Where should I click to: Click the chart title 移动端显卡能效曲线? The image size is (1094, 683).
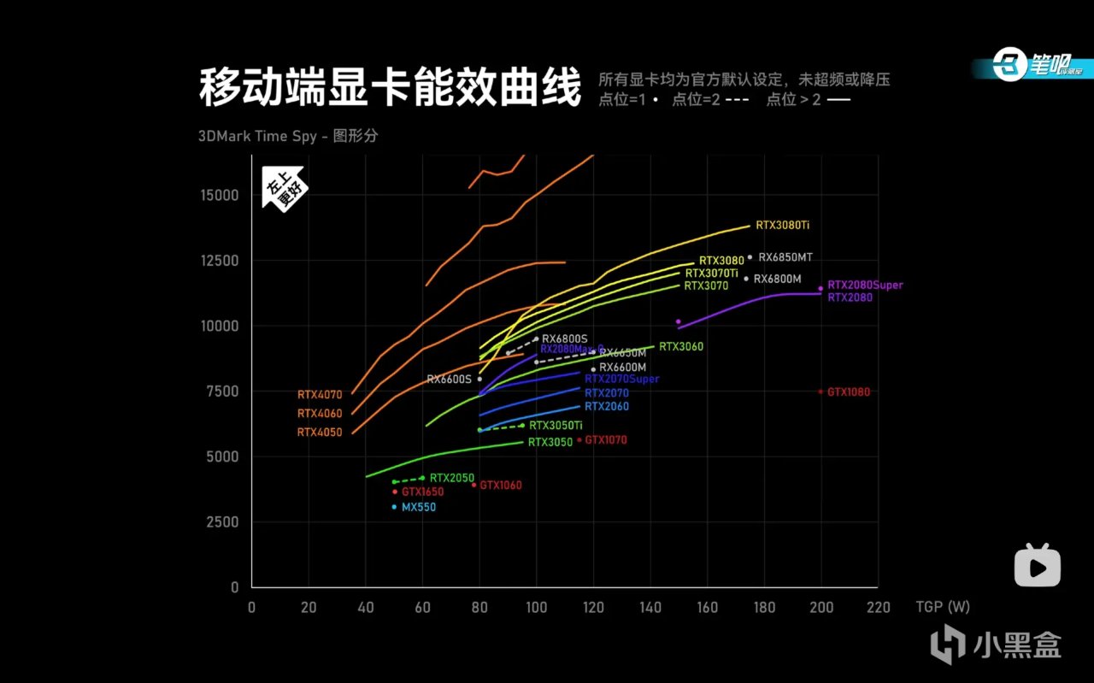[x=390, y=88]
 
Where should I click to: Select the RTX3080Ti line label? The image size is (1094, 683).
[x=782, y=226]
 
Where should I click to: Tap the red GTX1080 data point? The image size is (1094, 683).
[x=820, y=392]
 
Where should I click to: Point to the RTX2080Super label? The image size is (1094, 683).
[x=865, y=286]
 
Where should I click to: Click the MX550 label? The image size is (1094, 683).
[x=419, y=508]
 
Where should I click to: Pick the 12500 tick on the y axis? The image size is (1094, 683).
[x=221, y=261]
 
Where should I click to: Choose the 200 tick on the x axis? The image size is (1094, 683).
[x=820, y=608]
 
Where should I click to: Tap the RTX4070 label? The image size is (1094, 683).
[x=320, y=395]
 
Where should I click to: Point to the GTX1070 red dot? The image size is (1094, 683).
[x=579, y=440]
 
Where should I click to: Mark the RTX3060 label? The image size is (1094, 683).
[x=681, y=347]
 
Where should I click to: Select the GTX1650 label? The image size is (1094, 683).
[x=423, y=492]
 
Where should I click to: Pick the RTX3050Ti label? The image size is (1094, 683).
[x=556, y=426]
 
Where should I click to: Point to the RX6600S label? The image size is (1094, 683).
[x=449, y=380]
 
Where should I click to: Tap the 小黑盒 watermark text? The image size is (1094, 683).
[x=1025, y=645]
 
